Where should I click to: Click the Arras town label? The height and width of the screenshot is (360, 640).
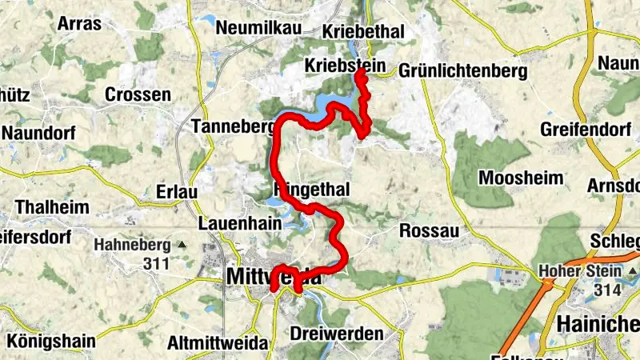[79, 23]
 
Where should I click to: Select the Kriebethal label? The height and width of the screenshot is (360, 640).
[362, 32]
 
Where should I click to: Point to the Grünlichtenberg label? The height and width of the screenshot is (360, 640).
[462, 71]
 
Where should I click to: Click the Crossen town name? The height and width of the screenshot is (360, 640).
[138, 94]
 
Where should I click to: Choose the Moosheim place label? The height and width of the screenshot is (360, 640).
[520, 178]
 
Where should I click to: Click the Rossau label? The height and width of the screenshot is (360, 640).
[429, 230]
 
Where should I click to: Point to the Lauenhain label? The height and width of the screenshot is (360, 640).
[239, 224]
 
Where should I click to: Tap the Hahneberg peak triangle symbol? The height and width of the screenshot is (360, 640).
[182, 244]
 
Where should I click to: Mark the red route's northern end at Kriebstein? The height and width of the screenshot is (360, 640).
[360, 73]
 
